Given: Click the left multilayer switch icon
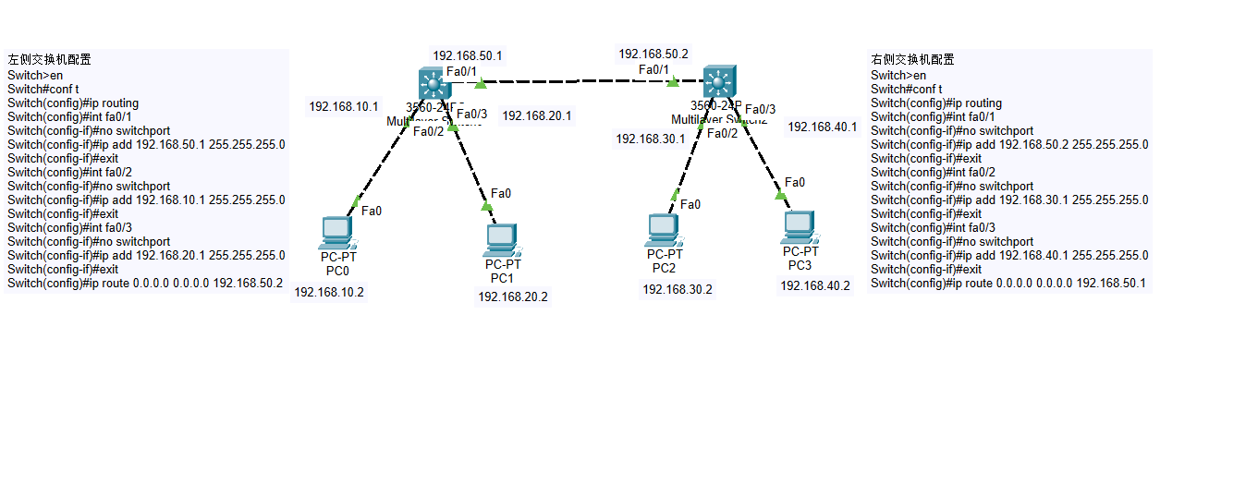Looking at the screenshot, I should pyautogui.click(x=433, y=85).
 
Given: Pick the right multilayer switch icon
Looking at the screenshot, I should pyautogui.click(x=717, y=83).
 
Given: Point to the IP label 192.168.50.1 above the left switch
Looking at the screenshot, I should pyautogui.click(x=468, y=55).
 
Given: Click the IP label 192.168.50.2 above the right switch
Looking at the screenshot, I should pyautogui.click(x=653, y=54).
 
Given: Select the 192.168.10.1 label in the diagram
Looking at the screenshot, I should pyautogui.click(x=344, y=107).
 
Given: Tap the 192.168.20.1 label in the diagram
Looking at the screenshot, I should pyautogui.click(x=536, y=116).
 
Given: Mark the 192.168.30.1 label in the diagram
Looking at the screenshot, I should pyautogui.click(x=651, y=139).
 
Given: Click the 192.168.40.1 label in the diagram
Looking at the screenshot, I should pyautogui.click(x=822, y=127).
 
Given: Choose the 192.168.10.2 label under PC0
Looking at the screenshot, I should pyautogui.click(x=329, y=293).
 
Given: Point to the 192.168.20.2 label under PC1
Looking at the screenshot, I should pyautogui.click(x=512, y=297).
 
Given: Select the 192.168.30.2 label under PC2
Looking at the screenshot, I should pyautogui.click(x=677, y=290).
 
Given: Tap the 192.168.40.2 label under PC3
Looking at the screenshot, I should pyautogui.click(x=814, y=286).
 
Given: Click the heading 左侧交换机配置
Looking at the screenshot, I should pyautogui.click(x=49, y=60).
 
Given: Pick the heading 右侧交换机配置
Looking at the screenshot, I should pyautogui.click(x=912, y=60).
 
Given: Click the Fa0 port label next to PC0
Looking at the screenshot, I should pyautogui.click(x=372, y=212).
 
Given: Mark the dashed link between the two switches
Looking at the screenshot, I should pyautogui.click(x=578, y=82).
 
